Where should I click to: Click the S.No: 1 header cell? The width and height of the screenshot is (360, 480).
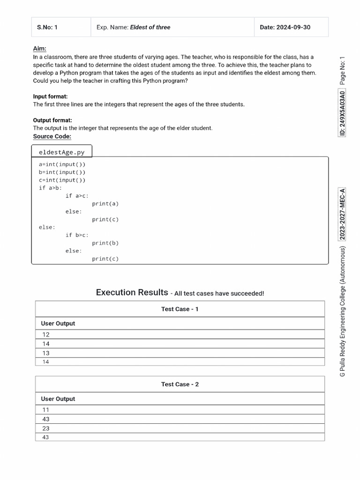[x=47, y=27]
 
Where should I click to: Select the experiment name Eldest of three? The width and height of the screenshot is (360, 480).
[x=150, y=27]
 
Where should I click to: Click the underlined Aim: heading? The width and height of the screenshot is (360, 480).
[x=39, y=49]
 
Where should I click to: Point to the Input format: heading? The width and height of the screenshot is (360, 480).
[x=50, y=97]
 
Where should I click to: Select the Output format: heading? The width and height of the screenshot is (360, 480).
[x=52, y=120]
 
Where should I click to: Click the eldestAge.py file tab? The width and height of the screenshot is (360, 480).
[x=62, y=152]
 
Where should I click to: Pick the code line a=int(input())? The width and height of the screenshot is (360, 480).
[x=62, y=165]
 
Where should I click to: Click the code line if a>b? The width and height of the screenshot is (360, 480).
[x=51, y=188]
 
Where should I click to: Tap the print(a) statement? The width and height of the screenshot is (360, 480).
[x=105, y=204]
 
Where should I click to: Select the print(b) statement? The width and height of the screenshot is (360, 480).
[x=105, y=243]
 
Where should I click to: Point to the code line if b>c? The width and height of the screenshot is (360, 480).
[x=77, y=235]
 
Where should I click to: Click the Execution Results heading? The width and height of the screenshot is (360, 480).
[x=132, y=292]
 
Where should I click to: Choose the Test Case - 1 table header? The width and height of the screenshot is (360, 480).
[x=180, y=309]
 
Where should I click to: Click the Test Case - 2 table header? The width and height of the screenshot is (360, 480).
[x=180, y=384]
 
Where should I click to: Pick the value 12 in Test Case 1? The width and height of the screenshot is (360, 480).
[x=46, y=335]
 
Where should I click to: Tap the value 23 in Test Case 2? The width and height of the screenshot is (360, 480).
[x=46, y=428]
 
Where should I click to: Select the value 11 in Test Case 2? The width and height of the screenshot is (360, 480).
[x=46, y=410]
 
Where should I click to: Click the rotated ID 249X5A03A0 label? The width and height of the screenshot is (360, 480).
[x=343, y=113]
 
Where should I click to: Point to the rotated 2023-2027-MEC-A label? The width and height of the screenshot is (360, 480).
[x=343, y=214]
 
